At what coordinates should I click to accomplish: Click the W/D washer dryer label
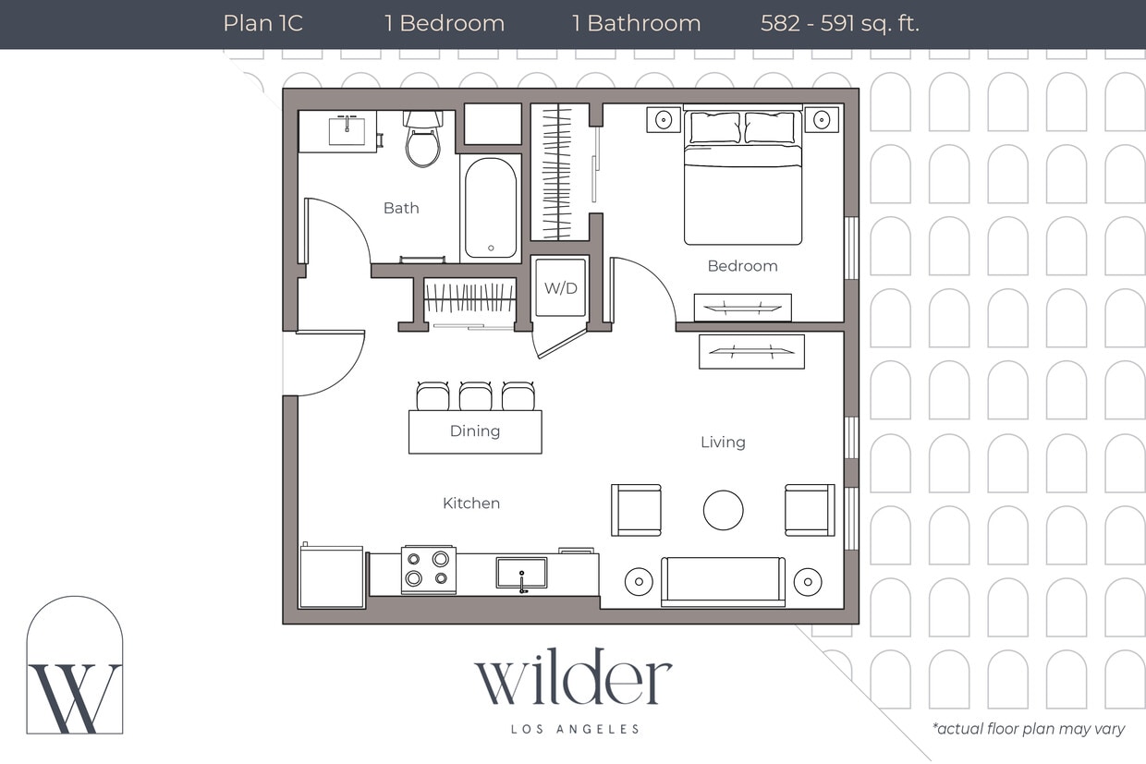click(x=560, y=288)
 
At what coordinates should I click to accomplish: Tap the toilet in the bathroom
click(x=423, y=140)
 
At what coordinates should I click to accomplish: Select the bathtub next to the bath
click(x=491, y=208)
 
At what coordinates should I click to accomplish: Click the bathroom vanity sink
click(x=347, y=131)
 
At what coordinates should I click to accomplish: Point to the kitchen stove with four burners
click(x=428, y=569)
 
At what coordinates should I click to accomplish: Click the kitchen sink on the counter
click(x=521, y=573)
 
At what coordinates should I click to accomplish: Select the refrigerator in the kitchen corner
click(x=332, y=577)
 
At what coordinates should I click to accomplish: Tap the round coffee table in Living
click(x=723, y=510)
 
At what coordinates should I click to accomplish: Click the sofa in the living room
click(x=723, y=581)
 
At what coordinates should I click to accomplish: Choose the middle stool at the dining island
click(x=475, y=396)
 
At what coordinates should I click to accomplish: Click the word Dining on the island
click(x=475, y=431)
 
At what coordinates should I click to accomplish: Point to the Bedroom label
click(x=742, y=266)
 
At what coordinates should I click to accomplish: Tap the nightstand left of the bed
click(x=663, y=119)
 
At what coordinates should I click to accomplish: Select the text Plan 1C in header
click(x=262, y=24)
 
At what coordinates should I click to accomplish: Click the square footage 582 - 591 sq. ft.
click(x=839, y=24)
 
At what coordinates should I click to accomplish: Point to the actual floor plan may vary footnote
click(x=1028, y=729)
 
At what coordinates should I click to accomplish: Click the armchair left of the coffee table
click(x=636, y=510)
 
